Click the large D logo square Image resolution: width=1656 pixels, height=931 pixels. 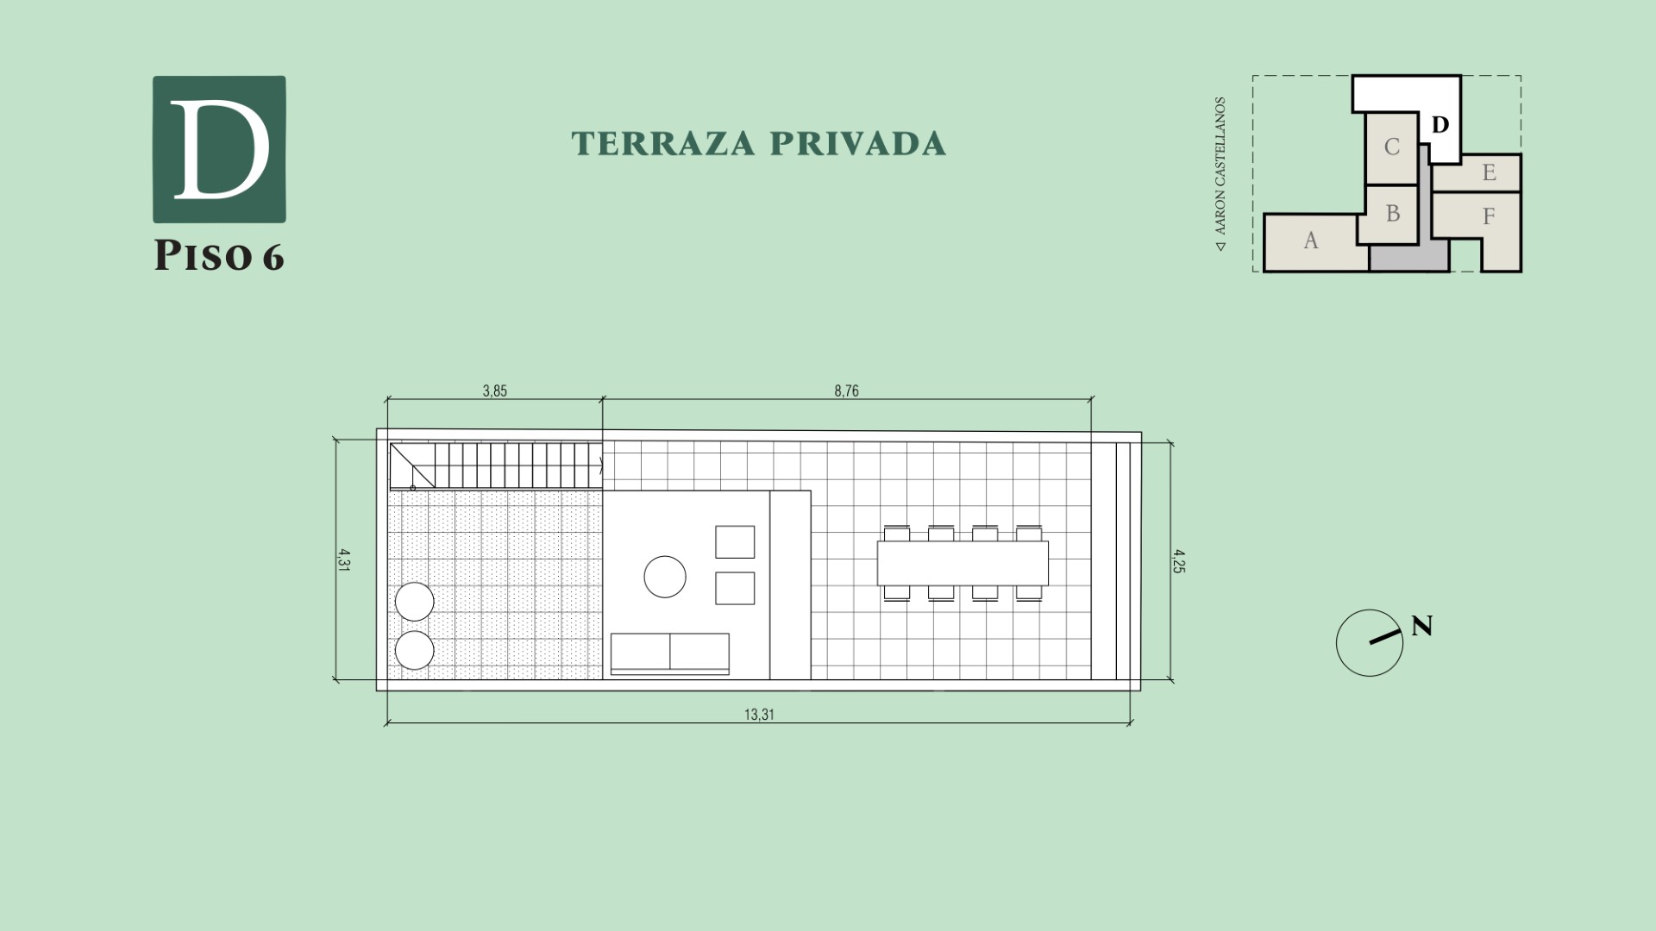click(219, 149)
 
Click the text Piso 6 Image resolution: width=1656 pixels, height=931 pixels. click(219, 256)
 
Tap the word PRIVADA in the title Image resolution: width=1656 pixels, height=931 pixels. click(858, 144)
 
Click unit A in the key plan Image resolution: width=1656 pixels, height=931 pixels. click(1311, 241)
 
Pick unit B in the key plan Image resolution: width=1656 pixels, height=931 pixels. click(1392, 214)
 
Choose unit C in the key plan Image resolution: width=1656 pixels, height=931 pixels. click(1391, 147)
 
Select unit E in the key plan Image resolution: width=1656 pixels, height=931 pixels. click(1488, 172)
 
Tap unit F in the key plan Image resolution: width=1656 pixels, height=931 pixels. click(1488, 216)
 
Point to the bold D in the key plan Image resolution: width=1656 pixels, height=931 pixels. click(1440, 125)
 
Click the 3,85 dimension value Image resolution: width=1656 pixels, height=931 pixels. click(495, 391)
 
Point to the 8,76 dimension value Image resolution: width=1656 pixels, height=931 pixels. click(846, 391)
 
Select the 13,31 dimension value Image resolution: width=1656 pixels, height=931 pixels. click(759, 715)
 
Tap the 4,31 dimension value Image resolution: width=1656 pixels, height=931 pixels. click(344, 561)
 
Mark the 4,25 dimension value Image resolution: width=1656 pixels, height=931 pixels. click(1178, 561)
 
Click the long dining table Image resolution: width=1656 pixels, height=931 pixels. click(963, 563)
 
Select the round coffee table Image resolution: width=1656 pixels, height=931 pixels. click(665, 577)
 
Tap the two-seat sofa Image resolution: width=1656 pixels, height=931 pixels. click(670, 654)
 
